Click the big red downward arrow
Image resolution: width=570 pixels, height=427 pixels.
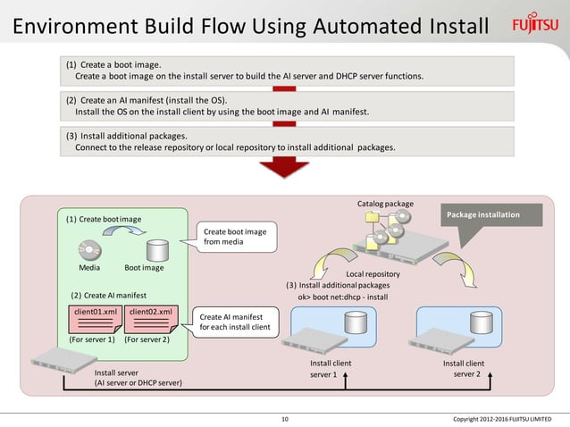coord(284,168)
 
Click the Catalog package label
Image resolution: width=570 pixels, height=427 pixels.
coord(385,204)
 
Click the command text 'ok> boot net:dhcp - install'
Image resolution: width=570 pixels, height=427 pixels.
coord(342,296)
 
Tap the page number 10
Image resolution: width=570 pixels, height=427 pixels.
coord(285,419)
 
